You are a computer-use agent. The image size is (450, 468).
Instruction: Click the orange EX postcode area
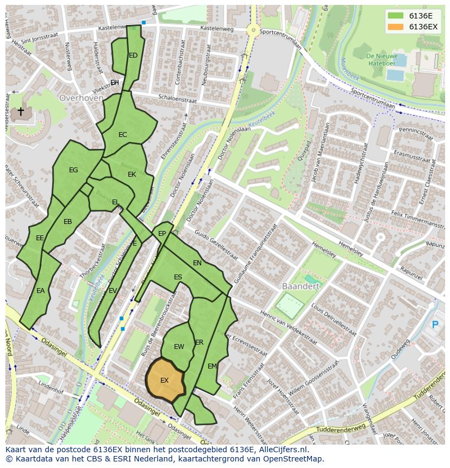pos(165,380)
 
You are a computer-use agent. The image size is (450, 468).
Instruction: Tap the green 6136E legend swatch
pos(396,16)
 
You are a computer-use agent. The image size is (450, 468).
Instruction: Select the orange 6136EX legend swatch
pos(396,27)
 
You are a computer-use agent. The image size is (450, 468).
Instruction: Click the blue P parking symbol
pos(434,325)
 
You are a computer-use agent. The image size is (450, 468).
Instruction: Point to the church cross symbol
pos(21,112)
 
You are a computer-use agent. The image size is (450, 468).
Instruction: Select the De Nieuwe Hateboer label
pos(382,59)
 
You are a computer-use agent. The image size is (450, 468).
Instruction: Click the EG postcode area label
pos(73,170)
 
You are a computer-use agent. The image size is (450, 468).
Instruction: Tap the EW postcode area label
pos(179,347)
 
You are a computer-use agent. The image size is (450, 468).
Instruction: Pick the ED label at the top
pos(133,55)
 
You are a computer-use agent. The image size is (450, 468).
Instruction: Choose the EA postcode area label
pos(40,291)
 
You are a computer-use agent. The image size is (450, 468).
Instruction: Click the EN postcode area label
pos(197,263)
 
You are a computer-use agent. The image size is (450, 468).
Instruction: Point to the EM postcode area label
pos(212,366)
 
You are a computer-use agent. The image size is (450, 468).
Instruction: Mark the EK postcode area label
pos(132,174)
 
